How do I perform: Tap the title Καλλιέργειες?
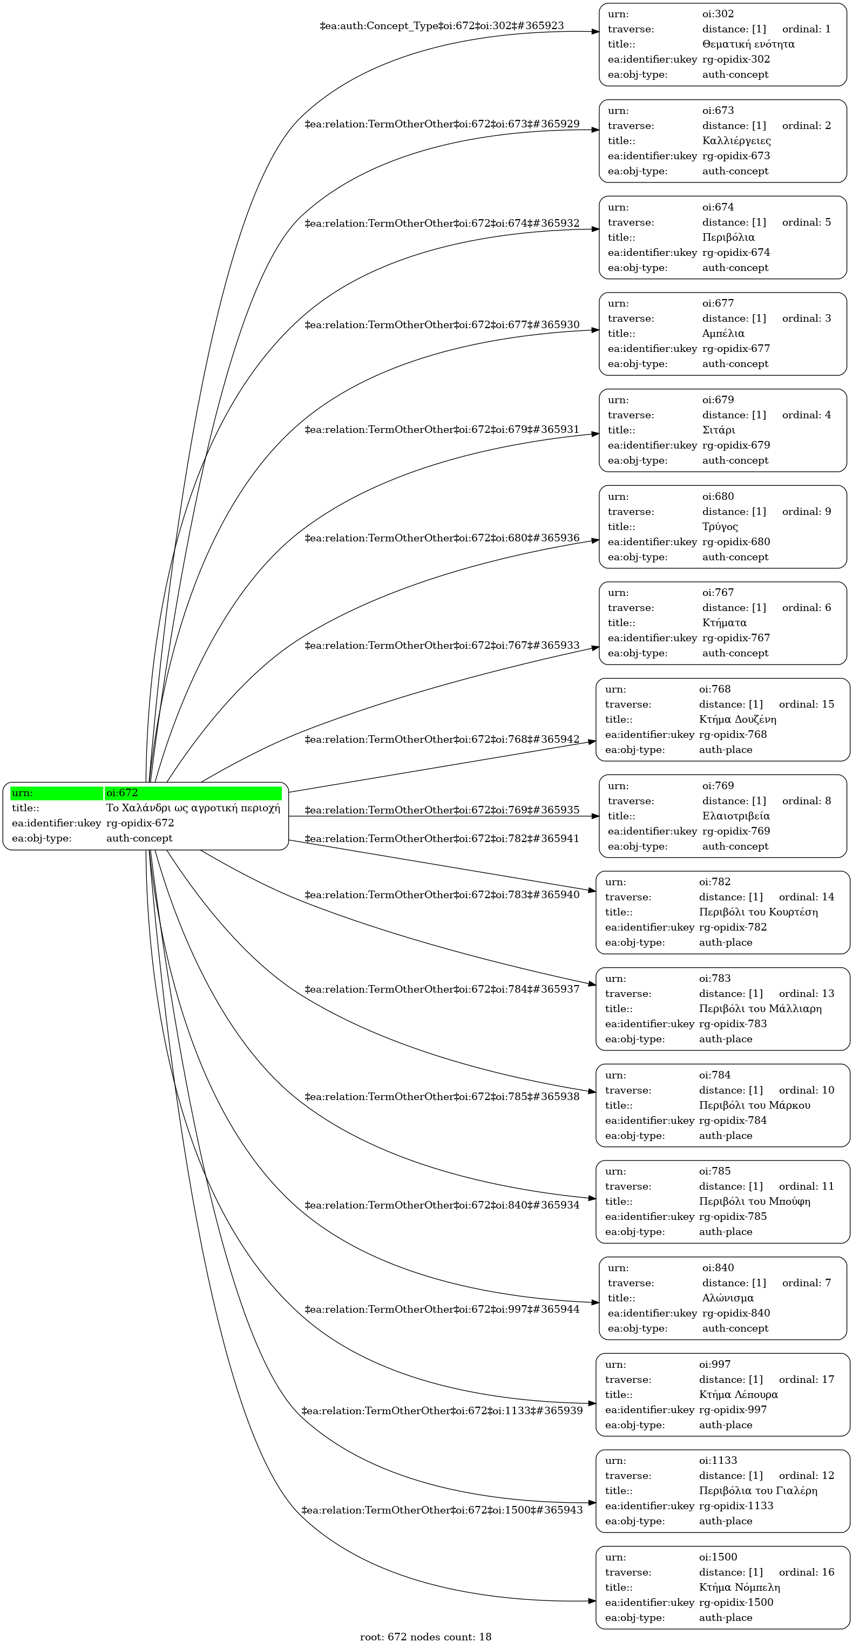[x=736, y=141]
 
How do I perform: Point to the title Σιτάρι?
[x=719, y=430]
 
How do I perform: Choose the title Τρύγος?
[x=720, y=527]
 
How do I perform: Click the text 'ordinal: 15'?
[x=806, y=704]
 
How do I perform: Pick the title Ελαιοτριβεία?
[x=736, y=816]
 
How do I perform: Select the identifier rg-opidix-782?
[x=733, y=927]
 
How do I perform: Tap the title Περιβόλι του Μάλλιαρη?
[x=760, y=1009]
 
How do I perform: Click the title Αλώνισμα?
[x=728, y=1298]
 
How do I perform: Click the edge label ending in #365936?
[x=442, y=538]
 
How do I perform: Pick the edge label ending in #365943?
[x=442, y=1510]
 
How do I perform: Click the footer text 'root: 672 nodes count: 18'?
[x=426, y=1637]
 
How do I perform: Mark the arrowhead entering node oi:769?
[x=595, y=816]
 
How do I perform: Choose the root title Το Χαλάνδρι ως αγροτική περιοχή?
[x=193, y=808]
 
